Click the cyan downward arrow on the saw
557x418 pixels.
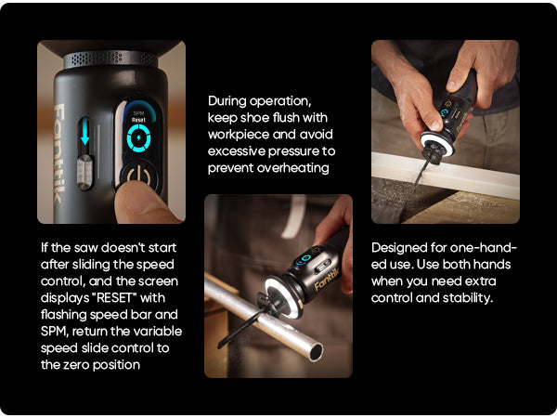tap(84, 132)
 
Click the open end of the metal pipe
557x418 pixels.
tap(317, 352)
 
